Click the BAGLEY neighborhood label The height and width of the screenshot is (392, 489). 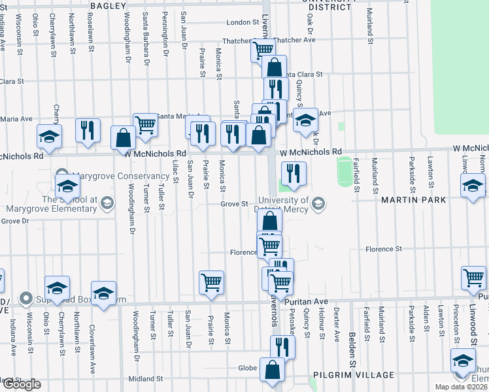click(109, 5)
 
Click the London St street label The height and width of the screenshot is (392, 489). click(243, 22)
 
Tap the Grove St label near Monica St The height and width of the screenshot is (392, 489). click(233, 204)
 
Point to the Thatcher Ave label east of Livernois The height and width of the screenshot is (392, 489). click(294, 40)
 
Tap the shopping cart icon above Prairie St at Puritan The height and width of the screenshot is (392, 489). click(211, 282)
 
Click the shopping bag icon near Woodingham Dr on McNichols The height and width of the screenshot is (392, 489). click(123, 138)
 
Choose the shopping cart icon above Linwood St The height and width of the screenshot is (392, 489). click(473, 277)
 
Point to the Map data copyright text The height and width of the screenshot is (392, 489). click(462, 387)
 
